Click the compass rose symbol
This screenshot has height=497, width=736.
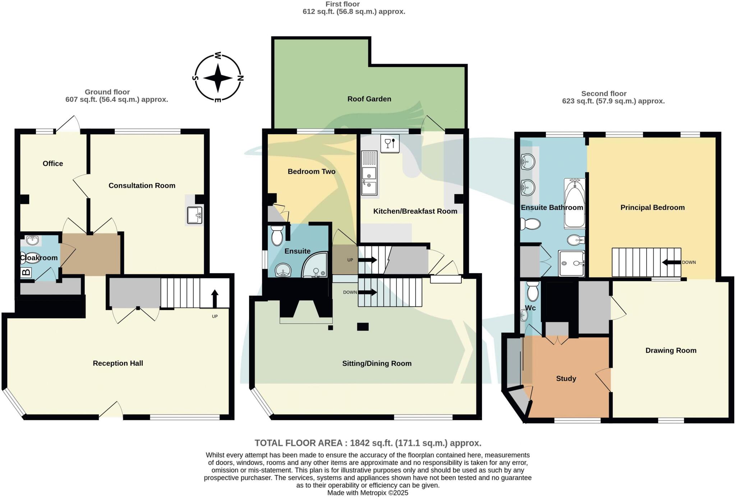pos(218,78)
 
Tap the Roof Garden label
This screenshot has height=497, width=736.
pos(369,99)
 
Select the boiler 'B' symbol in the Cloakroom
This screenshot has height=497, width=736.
pos(26,272)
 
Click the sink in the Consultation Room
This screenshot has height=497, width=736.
pos(194,215)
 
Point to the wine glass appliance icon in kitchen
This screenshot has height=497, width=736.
pos(390,143)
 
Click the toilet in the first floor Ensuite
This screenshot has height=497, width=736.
pos(277,235)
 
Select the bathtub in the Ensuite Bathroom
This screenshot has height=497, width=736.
pos(575,203)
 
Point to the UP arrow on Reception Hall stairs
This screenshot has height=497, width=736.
pos(215,297)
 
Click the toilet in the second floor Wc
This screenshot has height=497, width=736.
pos(532,291)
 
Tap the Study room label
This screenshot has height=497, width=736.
pos(566,379)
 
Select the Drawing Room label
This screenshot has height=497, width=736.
pos(671,351)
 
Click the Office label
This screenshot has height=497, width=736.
pos(53,164)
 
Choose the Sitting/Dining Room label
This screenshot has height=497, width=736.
pos(377,364)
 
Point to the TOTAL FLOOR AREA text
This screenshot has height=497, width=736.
pos(368,443)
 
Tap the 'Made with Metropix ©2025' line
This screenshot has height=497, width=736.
pos(368,493)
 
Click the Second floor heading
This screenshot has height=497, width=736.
pos(604,94)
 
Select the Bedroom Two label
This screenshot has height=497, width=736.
pos(311,172)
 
